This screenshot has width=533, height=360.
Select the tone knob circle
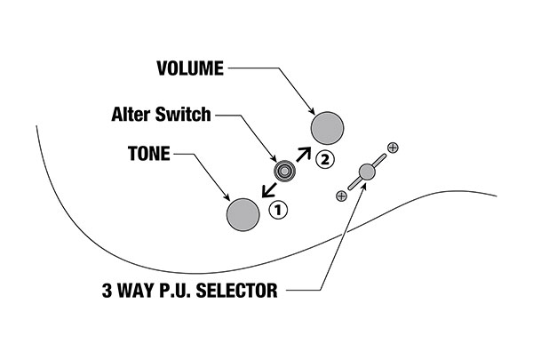point(243,212)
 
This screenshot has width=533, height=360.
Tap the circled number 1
point(277,210)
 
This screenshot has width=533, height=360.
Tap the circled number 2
point(325,160)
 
